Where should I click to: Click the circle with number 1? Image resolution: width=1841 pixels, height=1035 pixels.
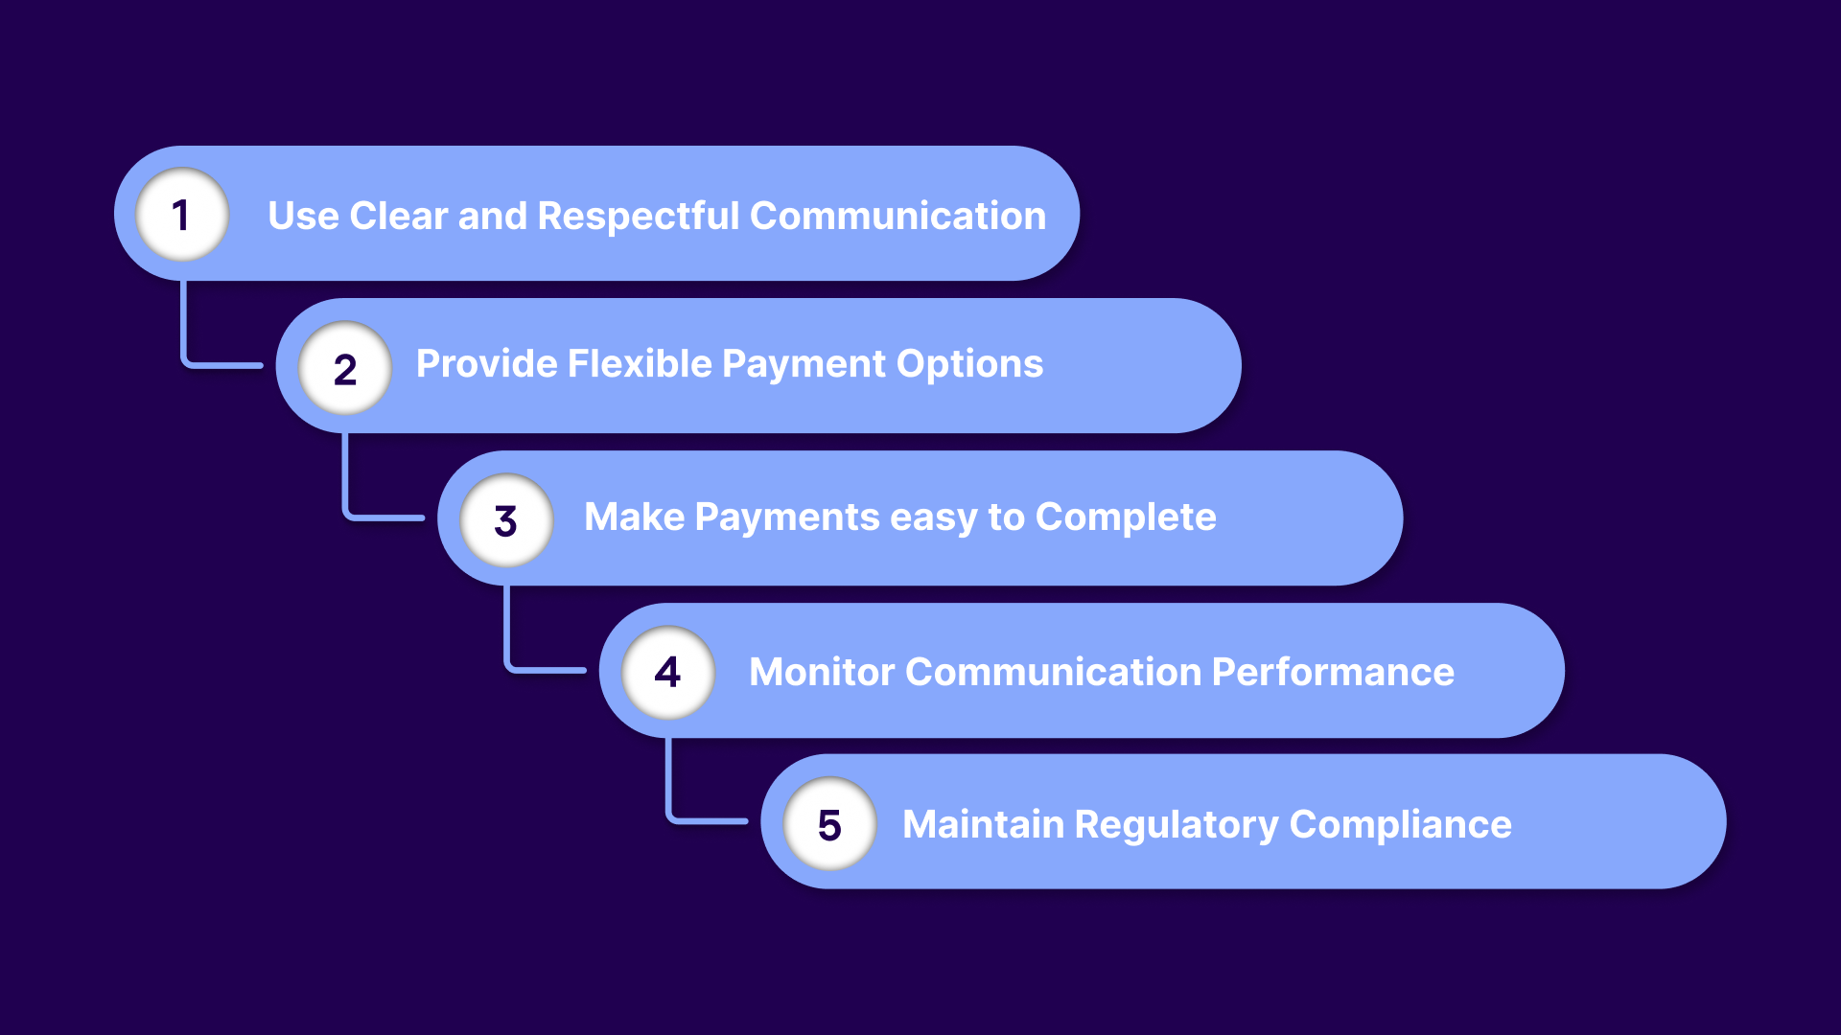point(182,215)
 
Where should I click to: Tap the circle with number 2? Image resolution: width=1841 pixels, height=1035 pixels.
point(345,368)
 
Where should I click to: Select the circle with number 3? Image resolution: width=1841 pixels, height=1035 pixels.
point(506,520)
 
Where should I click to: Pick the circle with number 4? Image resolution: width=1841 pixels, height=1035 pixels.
point(668,672)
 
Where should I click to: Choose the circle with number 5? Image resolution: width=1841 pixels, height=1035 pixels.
point(829,824)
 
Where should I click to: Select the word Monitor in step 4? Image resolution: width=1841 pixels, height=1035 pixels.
point(822,672)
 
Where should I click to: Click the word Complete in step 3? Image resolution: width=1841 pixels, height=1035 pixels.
point(1126,518)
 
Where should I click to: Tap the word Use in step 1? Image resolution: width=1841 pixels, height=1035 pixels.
point(303,217)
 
